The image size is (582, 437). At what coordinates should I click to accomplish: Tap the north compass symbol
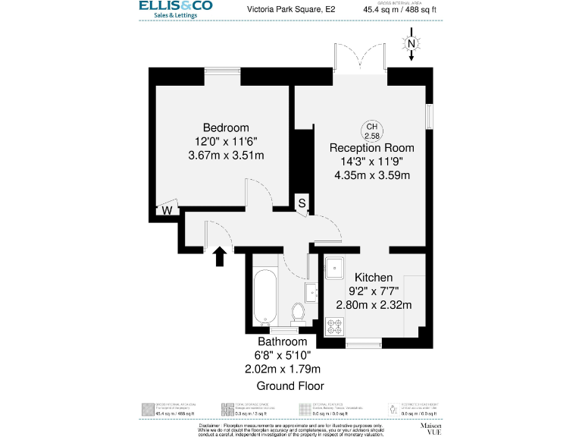point(411,45)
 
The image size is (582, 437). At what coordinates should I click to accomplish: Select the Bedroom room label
point(225,127)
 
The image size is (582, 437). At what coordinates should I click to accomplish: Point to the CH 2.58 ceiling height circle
point(372,130)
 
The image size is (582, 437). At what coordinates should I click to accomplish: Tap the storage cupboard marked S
point(302,203)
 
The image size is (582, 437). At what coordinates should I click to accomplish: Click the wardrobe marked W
point(167,210)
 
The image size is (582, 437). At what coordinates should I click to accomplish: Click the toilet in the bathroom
point(298,311)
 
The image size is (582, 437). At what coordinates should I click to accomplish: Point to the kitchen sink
point(334,267)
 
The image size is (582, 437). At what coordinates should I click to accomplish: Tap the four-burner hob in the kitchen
point(334,325)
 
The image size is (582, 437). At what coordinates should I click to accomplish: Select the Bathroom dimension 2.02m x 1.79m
point(283,369)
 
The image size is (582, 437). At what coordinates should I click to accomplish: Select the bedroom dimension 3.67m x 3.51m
point(225,156)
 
